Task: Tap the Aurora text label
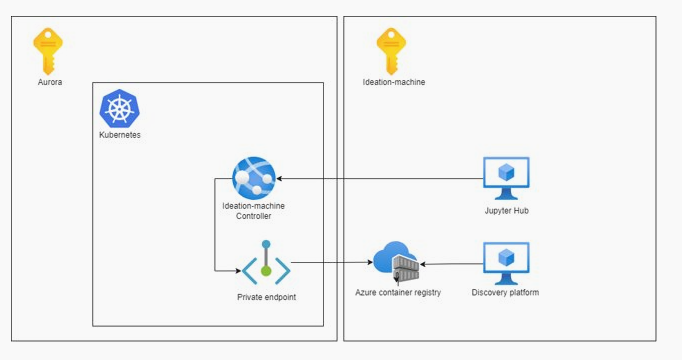point(49,82)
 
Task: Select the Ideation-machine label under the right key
point(393,82)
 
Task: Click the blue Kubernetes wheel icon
point(119,108)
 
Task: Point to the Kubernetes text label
point(119,135)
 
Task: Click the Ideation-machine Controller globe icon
point(253,178)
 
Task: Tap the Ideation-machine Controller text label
point(253,211)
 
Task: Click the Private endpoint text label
point(266,297)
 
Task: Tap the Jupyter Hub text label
point(505,211)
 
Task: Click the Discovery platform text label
point(505,293)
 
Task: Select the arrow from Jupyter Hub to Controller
point(380,178)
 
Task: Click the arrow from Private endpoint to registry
point(330,263)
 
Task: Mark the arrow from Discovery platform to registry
point(450,264)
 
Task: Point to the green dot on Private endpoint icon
point(266,270)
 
